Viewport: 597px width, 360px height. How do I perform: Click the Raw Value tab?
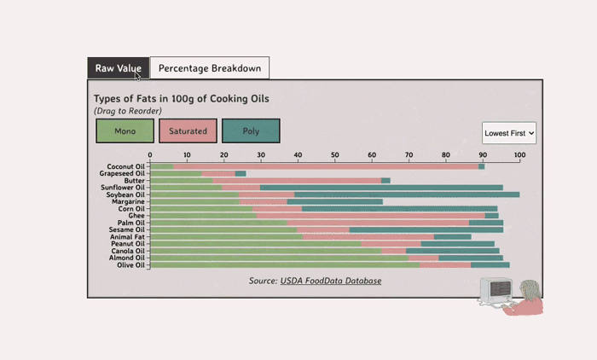tap(119, 68)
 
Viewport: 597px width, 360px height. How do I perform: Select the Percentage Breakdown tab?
tap(210, 68)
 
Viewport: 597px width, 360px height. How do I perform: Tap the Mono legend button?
tap(125, 131)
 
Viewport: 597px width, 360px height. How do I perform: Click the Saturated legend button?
tap(188, 131)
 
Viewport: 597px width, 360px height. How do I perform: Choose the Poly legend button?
tap(251, 131)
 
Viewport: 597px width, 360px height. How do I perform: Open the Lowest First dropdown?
tap(509, 133)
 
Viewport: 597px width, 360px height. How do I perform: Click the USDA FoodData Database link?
tap(331, 281)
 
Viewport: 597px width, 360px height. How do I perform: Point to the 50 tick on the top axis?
tap(335, 155)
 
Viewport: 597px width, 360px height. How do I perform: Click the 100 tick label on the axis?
tap(519, 155)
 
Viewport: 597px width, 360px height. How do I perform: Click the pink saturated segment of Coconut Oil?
tap(324, 166)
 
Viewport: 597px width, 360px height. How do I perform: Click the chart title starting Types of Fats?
tap(181, 99)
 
